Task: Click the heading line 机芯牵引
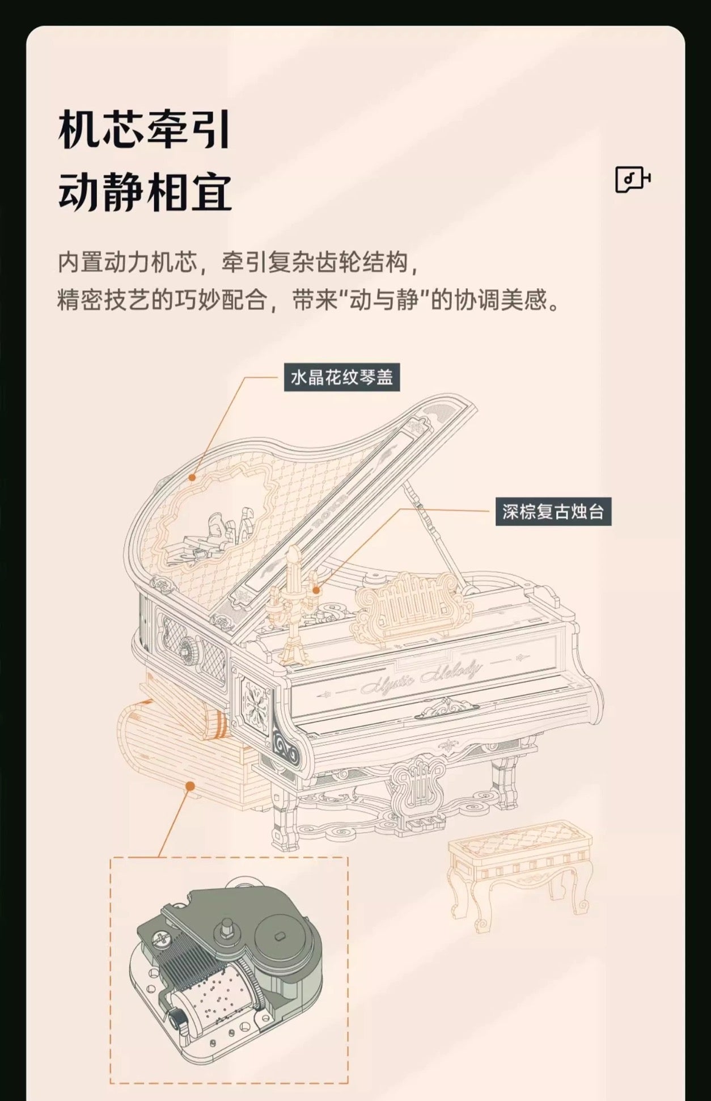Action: (x=145, y=130)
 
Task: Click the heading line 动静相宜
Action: (x=145, y=192)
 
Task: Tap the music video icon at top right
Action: (x=633, y=179)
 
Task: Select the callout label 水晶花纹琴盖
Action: (x=342, y=377)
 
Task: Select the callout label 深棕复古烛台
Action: (x=553, y=512)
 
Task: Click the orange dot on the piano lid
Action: (x=192, y=478)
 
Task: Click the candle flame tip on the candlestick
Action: (x=293, y=547)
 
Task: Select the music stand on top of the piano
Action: (x=413, y=602)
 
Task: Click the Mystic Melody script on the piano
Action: (x=420, y=677)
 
